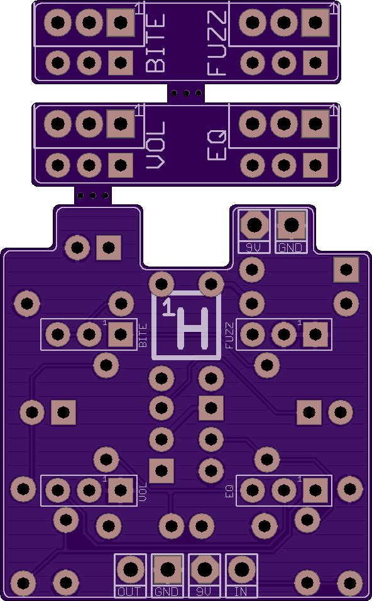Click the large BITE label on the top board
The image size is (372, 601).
pyautogui.click(x=156, y=43)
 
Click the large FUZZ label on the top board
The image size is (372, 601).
pyautogui.click(x=217, y=43)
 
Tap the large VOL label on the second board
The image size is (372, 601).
pyautogui.click(x=156, y=145)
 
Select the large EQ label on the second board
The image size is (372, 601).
pyautogui.click(x=217, y=145)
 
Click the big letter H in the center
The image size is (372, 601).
pyautogui.click(x=194, y=329)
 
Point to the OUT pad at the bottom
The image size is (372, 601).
pyautogui.click(x=130, y=570)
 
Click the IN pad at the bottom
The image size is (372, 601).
pyautogui.click(x=241, y=570)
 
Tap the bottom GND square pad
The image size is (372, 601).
pyautogui.click(x=167, y=570)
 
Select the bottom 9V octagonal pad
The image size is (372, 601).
pyautogui.click(x=205, y=570)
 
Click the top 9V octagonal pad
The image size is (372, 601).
pyautogui.click(x=254, y=225)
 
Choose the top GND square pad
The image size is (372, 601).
pyautogui.click(x=291, y=225)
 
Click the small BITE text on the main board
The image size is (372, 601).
pyautogui.click(x=143, y=335)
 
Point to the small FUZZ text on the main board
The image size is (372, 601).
pyautogui.click(x=229, y=335)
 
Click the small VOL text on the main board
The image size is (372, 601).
pyautogui.click(x=143, y=492)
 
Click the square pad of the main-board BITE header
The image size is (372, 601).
pyautogui.click(x=121, y=334)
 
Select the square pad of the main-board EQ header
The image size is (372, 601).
pyautogui.click(x=315, y=490)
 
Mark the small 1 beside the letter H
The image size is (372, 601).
pyautogui.click(x=168, y=308)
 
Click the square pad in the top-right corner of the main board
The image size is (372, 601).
pyautogui.click(x=346, y=270)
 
